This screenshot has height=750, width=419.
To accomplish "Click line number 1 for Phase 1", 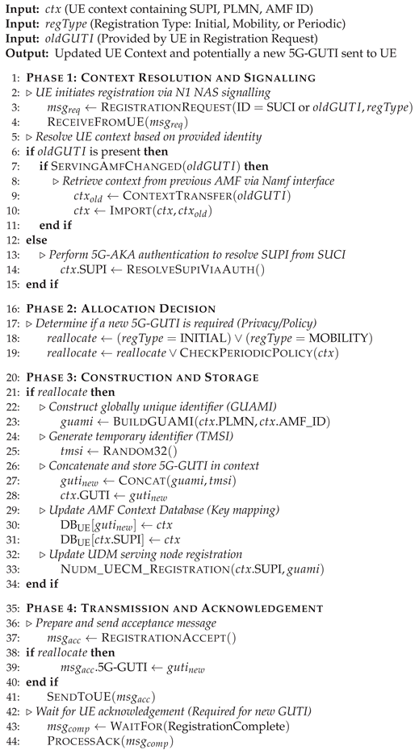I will pos(15,77).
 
